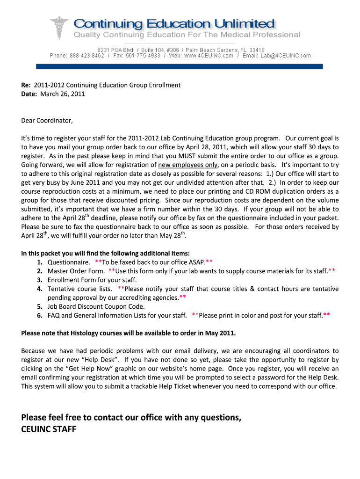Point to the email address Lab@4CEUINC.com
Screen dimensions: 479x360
(x=286, y=56)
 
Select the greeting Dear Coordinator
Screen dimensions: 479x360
(x=47, y=121)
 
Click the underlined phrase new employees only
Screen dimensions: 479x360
(x=188, y=165)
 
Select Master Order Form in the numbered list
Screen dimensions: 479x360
(x=76, y=271)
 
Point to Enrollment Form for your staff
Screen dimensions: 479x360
(x=92, y=280)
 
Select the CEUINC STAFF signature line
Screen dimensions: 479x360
(x=49, y=429)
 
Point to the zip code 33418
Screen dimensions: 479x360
(x=257, y=50)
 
